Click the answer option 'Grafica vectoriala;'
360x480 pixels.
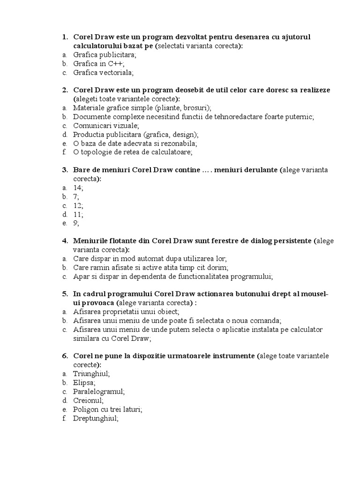pyautogui.click(x=103, y=73)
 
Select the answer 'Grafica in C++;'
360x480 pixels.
pyautogui.click(x=98, y=64)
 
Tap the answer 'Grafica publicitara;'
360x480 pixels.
pyautogui.click(x=105, y=55)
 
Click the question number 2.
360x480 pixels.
pyautogui.click(x=65, y=90)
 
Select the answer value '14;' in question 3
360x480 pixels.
pyautogui.click(x=78, y=188)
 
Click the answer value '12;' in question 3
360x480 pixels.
pyautogui.click(x=78, y=206)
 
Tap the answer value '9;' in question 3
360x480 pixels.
pyautogui.click(x=76, y=224)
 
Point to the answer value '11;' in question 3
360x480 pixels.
pyautogui.click(x=78, y=215)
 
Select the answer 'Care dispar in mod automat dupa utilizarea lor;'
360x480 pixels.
pyautogui.click(x=150, y=259)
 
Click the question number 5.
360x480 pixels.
pyautogui.click(x=65, y=294)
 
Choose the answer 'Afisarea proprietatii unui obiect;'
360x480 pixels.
pyautogui.click(x=126, y=312)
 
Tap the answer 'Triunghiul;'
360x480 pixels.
pyautogui.click(x=91, y=374)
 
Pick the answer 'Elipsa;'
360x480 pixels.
pyautogui.click(x=84, y=383)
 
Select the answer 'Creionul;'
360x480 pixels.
pyautogui.click(x=88, y=401)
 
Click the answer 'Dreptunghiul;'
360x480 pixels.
pyautogui.click(x=96, y=419)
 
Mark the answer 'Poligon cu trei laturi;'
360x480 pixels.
pyautogui.click(x=107, y=410)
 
